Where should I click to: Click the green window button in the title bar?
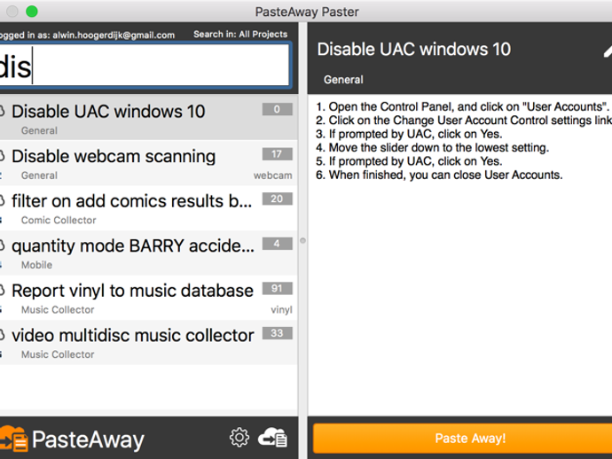pyautogui.click(x=32, y=12)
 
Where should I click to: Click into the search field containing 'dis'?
pyautogui.click(x=145, y=65)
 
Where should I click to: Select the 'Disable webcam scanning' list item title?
pyautogui.click(x=114, y=157)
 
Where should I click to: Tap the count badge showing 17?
pyautogui.click(x=277, y=154)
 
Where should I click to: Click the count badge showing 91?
pyautogui.click(x=277, y=288)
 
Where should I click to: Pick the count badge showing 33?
pyautogui.click(x=277, y=333)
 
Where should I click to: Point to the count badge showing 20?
pyautogui.click(x=277, y=198)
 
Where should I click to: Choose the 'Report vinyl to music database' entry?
pyautogui.click(x=132, y=291)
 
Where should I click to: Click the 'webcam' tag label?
pyautogui.click(x=272, y=175)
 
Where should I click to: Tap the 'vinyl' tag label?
pyautogui.click(x=281, y=310)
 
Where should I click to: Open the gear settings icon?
pyautogui.click(x=239, y=437)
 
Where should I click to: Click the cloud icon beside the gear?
pyautogui.click(x=273, y=437)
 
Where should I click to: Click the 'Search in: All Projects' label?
pyautogui.click(x=240, y=35)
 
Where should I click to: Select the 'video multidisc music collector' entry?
pyautogui.click(x=133, y=336)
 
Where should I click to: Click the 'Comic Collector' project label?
pyautogui.click(x=59, y=221)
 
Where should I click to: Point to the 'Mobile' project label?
pyautogui.click(x=36, y=265)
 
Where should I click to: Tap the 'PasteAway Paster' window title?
pyautogui.click(x=307, y=12)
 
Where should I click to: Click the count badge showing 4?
pyautogui.click(x=277, y=244)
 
